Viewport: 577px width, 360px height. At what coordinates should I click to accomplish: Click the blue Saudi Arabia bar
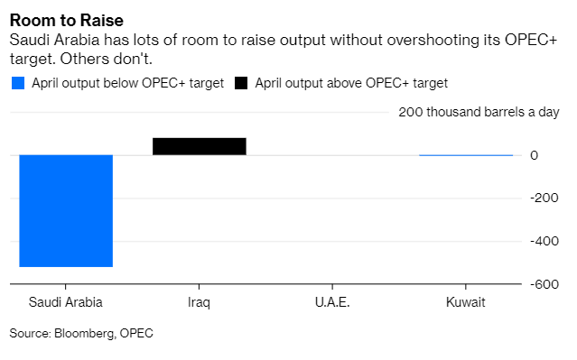tap(66, 211)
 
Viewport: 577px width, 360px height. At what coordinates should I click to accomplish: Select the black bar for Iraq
tap(200, 146)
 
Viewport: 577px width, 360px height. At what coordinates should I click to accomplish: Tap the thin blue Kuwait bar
tap(466, 155)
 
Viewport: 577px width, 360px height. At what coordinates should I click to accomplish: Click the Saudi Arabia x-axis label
tap(66, 302)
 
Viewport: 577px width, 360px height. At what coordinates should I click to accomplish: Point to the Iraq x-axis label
tap(199, 302)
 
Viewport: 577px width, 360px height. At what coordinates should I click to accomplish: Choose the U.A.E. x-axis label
tap(332, 302)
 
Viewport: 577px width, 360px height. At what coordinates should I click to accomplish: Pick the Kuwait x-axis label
tap(466, 302)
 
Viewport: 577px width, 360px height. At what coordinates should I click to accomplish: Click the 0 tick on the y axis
tap(534, 155)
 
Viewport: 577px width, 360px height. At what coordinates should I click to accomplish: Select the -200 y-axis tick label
tap(544, 198)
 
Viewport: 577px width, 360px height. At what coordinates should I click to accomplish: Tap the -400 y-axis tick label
tap(544, 241)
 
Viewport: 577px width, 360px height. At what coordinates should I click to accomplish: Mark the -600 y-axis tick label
tap(544, 284)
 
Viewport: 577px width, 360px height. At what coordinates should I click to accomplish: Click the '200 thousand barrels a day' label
tap(479, 112)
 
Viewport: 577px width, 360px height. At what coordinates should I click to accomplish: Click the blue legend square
tap(18, 83)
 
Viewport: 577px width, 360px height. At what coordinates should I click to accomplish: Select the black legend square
tap(241, 83)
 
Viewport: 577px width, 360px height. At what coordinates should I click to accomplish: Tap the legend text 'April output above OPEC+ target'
tap(351, 84)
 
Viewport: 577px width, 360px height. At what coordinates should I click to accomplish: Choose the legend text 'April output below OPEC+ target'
tap(127, 84)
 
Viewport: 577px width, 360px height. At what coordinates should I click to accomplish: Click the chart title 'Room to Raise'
tap(67, 21)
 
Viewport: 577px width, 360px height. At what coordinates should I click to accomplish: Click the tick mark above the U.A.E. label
tap(332, 287)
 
